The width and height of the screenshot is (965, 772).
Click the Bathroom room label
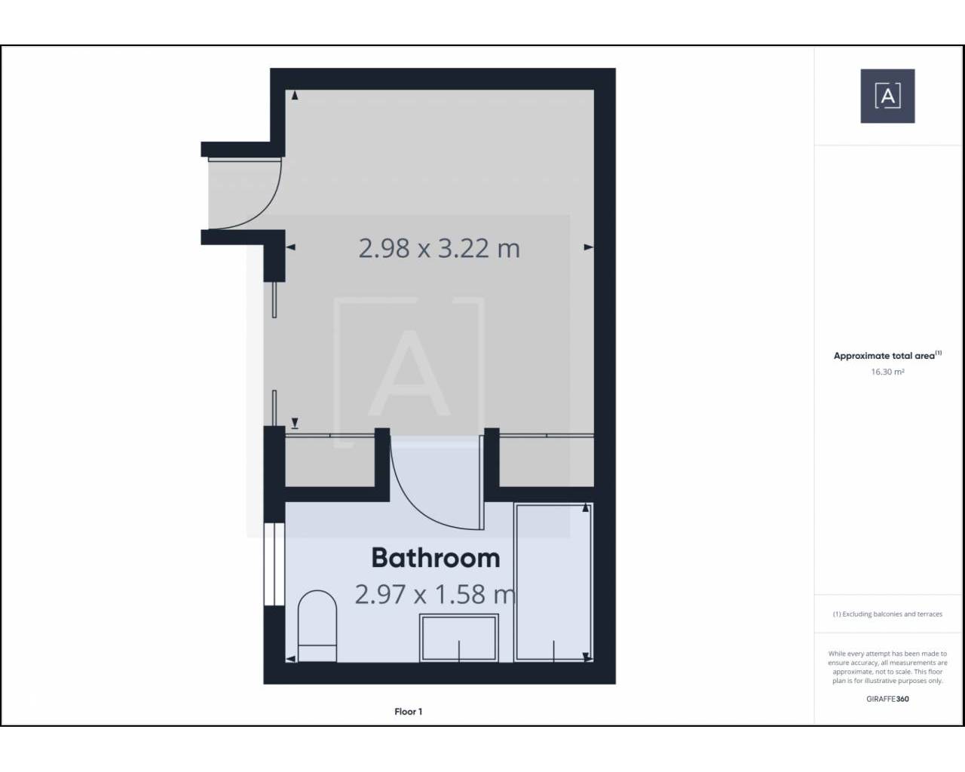(436, 558)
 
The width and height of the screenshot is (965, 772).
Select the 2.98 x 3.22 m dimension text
(439, 248)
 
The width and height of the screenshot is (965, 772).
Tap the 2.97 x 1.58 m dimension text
(435, 594)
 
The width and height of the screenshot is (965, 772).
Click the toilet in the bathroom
(317, 626)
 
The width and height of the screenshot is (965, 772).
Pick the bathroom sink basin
(458, 638)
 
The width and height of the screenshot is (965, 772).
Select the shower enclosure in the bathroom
(554, 582)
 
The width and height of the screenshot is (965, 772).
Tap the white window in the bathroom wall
(274, 564)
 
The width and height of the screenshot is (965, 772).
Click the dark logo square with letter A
(887, 96)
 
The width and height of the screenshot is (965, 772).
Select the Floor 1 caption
(408, 712)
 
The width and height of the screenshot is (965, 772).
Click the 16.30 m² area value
(887, 372)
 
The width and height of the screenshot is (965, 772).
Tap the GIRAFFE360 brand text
(887, 698)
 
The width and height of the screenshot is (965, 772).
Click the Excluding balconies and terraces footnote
(887, 614)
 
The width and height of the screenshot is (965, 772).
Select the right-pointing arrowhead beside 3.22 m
(588, 247)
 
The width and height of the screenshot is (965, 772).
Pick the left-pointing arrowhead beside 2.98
(290, 247)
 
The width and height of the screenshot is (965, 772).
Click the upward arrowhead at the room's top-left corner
(295, 95)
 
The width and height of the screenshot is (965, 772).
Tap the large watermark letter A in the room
(409, 372)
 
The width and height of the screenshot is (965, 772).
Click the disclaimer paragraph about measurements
(887, 667)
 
